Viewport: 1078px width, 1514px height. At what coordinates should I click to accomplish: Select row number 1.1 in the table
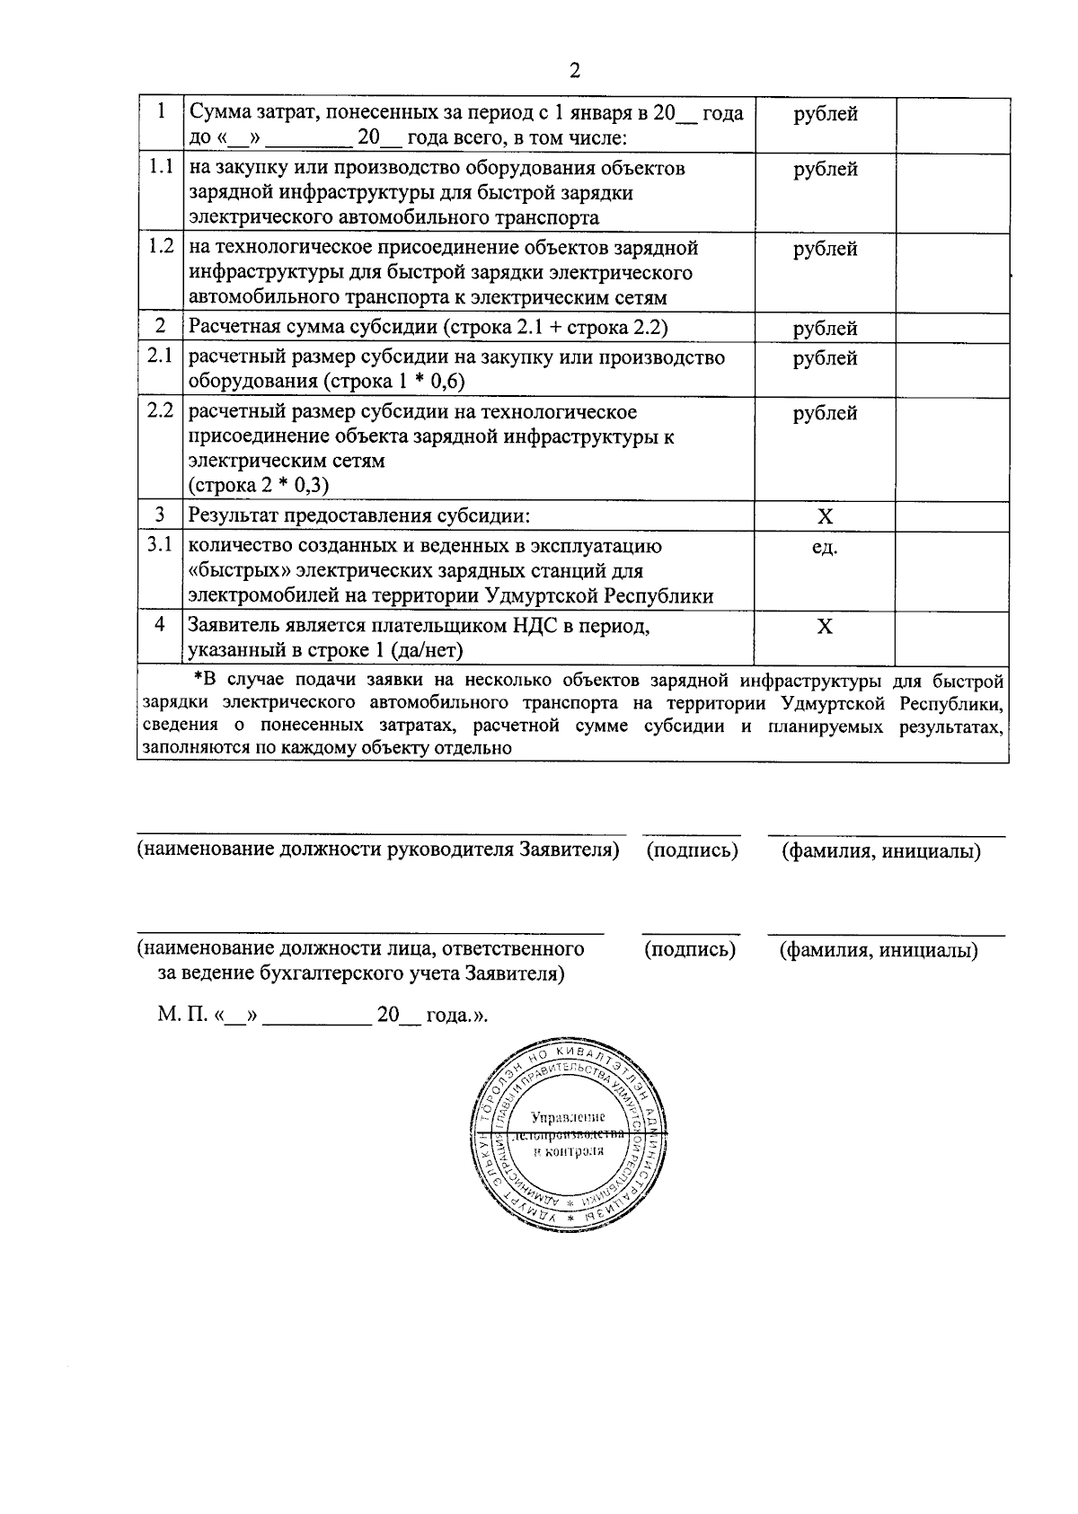pos(160,167)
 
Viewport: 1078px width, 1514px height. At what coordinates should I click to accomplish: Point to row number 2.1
pos(160,356)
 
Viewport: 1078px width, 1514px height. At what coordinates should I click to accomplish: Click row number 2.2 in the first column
pos(160,411)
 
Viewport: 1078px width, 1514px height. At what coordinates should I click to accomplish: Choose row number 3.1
pos(160,545)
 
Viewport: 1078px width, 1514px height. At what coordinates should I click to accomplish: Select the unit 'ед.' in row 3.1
pos(825,547)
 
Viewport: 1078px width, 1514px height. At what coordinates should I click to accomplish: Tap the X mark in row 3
pos(825,516)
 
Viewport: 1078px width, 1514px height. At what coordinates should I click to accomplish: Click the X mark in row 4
pos(825,626)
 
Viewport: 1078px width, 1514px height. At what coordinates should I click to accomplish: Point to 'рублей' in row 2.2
pos(825,413)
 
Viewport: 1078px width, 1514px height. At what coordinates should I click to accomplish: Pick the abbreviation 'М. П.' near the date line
pos(183,1016)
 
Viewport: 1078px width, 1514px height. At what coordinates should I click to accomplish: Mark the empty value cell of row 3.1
pos(950,571)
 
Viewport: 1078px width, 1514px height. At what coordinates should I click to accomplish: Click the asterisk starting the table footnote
pos(199,678)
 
